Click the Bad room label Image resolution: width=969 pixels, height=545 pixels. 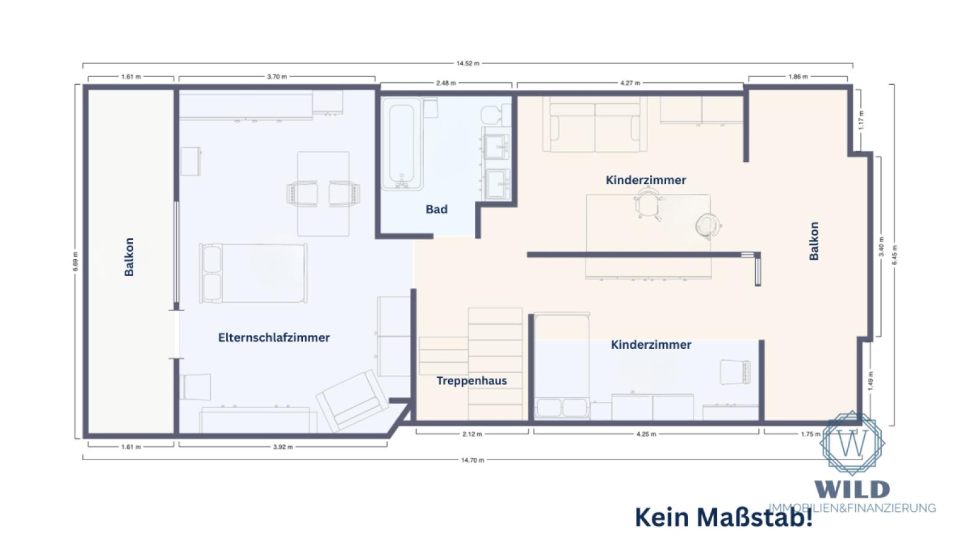[x=436, y=210]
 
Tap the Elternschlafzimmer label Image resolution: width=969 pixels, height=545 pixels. [x=274, y=338]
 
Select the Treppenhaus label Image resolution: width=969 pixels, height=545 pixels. [x=472, y=381]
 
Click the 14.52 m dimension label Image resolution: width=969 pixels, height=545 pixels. [x=468, y=64]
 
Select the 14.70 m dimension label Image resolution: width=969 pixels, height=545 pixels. [x=472, y=460]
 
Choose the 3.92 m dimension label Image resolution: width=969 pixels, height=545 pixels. [x=282, y=447]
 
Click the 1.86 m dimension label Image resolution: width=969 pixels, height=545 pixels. [x=798, y=77]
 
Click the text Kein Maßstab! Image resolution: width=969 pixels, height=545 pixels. [x=724, y=518]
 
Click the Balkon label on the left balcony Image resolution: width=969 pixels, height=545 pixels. [x=129, y=257]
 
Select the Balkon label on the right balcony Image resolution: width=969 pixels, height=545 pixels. [x=814, y=241]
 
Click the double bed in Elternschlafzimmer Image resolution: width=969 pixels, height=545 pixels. [x=253, y=273]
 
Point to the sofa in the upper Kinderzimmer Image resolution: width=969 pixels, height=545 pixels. [x=595, y=126]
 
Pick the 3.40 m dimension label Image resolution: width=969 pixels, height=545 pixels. [x=881, y=246]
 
